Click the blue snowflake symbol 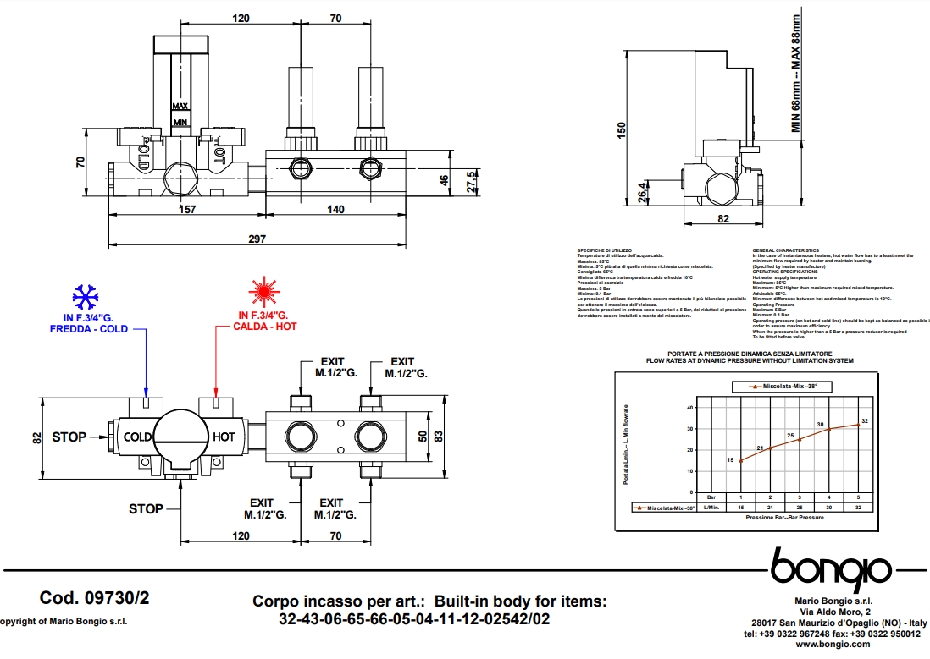tap(85, 296)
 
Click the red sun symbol tap(264, 292)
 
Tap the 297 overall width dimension tap(257, 239)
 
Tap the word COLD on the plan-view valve tap(138, 437)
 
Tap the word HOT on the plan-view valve tap(224, 437)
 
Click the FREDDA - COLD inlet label tap(89, 328)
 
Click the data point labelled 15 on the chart tap(741, 461)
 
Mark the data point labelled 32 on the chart tap(858, 425)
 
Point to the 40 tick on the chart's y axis tap(690, 407)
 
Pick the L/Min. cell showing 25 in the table tap(800, 508)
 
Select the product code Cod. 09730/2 tap(94, 598)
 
